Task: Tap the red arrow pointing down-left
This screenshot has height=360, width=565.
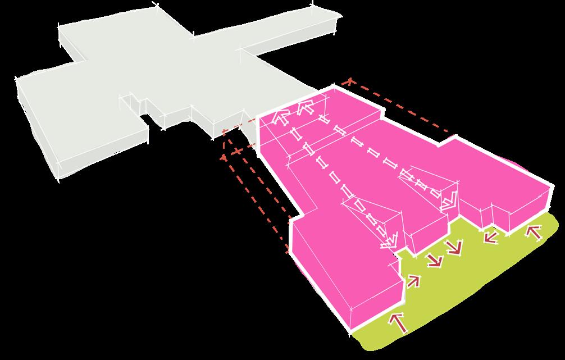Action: pyautogui.click(x=491, y=237)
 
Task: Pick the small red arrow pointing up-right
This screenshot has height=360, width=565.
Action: pyautogui.click(x=413, y=280)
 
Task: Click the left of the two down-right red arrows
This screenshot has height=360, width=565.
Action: pyautogui.click(x=433, y=259)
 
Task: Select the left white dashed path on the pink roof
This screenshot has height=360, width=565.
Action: pyautogui.click(x=337, y=180)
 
